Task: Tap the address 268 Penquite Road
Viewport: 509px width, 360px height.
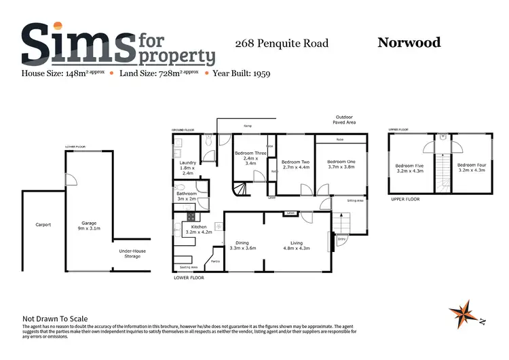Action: (x=282, y=43)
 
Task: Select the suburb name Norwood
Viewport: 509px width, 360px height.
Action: (x=409, y=43)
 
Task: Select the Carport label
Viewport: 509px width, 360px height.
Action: (x=43, y=224)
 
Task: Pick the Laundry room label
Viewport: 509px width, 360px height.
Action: (x=187, y=168)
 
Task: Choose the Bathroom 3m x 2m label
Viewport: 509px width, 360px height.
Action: (x=186, y=196)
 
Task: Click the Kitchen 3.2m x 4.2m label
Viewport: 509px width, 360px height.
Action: (x=198, y=229)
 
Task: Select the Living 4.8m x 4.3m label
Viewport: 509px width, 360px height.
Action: (x=296, y=245)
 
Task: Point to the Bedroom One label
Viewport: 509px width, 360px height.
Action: (x=341, y=164)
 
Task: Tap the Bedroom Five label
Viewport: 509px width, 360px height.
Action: (x=409, y=167)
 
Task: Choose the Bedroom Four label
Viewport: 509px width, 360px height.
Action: (x=470, y=167)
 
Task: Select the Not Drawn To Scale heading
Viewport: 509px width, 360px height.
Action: (x=55, y=319)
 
